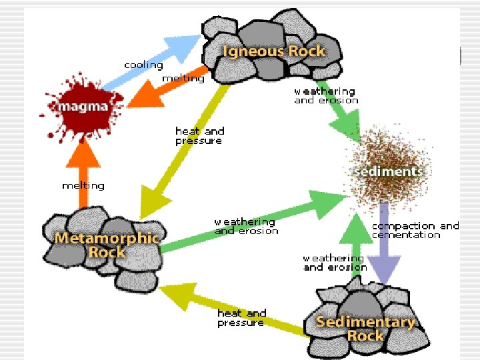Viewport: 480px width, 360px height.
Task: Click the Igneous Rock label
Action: tap(274, 51)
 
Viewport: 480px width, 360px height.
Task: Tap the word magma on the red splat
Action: tap(83, 107)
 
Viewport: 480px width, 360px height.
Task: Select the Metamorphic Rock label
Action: tap(107, 245)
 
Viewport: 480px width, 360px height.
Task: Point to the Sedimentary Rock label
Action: tap(365, 329)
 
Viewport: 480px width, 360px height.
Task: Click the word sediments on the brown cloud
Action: tap(389, 171)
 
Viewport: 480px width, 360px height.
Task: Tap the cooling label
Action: tap(143, 65)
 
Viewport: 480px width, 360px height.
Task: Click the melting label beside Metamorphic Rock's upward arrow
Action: tap(83, 186)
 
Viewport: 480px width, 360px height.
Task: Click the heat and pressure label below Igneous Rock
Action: tap(199, 135)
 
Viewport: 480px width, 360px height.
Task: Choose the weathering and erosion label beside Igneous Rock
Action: tap(326, 96)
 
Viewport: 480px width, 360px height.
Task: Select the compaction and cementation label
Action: tap(415, 231)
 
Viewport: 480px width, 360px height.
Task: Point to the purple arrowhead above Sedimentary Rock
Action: tap(384, 269)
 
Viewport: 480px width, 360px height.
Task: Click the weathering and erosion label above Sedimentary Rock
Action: tap(335, 263)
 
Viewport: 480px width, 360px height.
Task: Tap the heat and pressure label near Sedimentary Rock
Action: tap(242, 318)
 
